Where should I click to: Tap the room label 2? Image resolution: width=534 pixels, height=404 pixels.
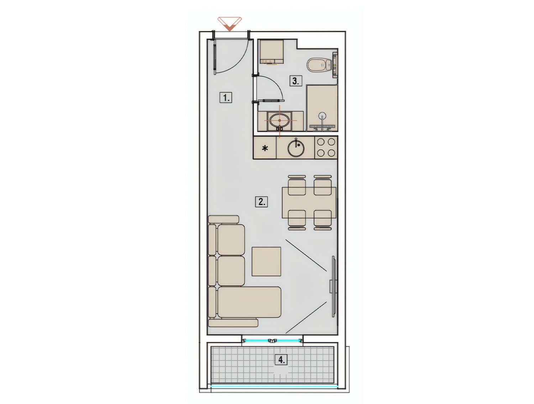(x=261, y=201)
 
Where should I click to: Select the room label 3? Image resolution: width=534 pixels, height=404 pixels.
(x=295, y=81)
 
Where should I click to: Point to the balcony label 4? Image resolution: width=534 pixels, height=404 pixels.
(x=281, y=360)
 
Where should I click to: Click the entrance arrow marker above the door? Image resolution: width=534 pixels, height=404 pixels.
(x=229, y=23)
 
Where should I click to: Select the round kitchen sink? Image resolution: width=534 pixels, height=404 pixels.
(x=296, y=148)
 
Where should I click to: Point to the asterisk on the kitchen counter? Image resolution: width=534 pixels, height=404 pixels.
(x=265, y=148)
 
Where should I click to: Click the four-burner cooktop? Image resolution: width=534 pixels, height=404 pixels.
(x=326, y=147)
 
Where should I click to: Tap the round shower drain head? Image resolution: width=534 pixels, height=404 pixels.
(x=322, y=115)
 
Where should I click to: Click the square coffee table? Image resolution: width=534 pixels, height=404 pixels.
(x=266, y=262)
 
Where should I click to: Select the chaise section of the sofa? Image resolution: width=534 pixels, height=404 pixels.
(x=249, y=302)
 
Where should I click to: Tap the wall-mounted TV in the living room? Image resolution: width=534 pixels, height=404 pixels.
(x=334, y=286)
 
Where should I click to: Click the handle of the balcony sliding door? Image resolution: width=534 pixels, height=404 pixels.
(x=272, y=341)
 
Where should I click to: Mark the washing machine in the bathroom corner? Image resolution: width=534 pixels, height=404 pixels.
(x=272, y=52)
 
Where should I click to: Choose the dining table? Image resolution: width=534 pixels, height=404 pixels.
(x=309, y=203)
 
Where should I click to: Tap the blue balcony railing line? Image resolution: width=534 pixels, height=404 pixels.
(x=274, y=385)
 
